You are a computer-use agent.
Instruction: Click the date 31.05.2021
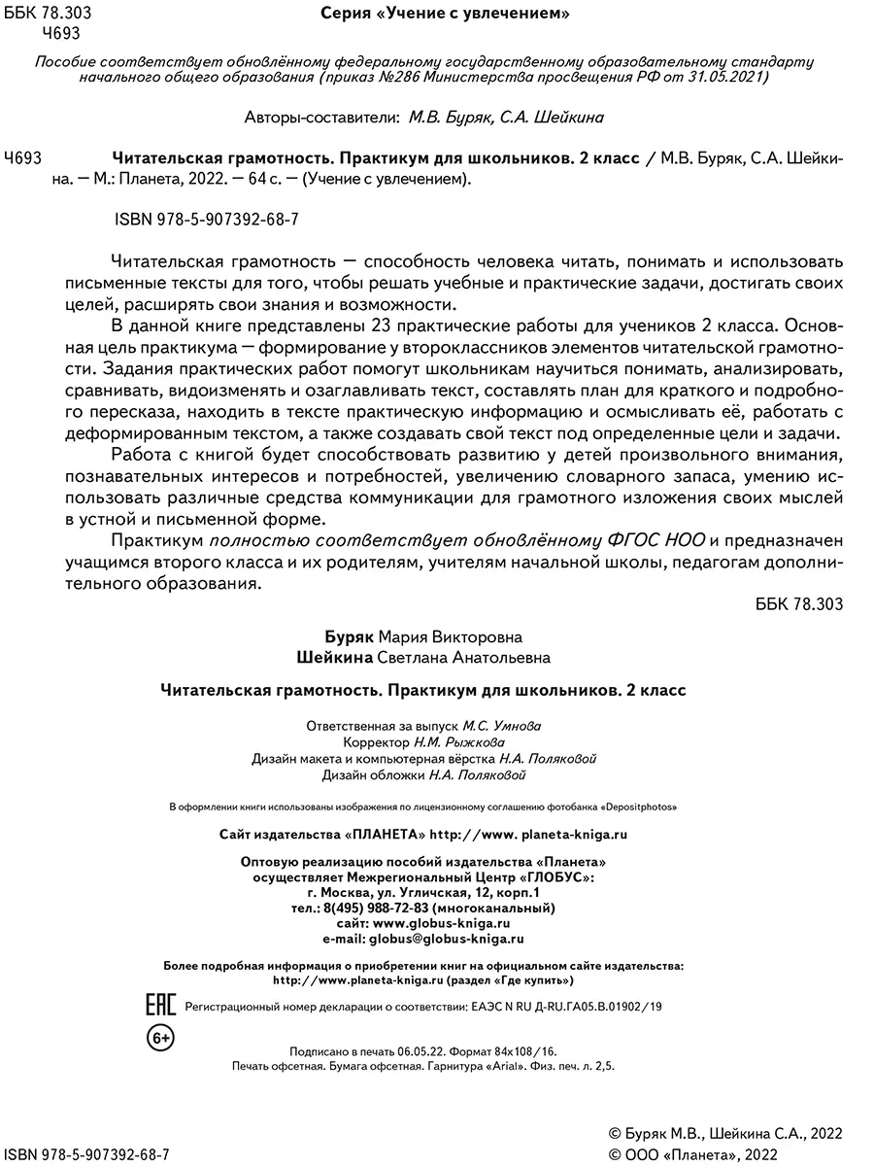coord(730,77)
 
